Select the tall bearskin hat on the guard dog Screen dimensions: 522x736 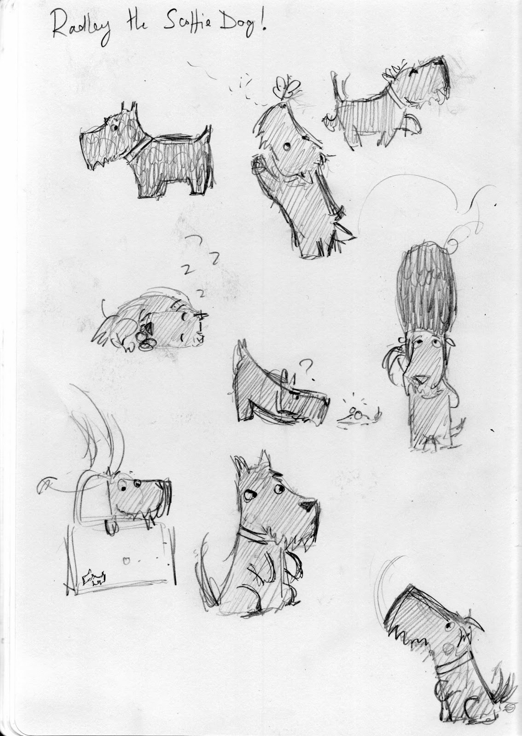[x=427, y=290]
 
